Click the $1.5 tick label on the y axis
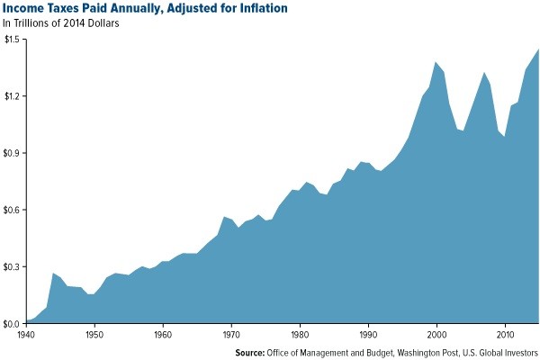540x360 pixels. click(13, 40)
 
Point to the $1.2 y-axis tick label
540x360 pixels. click(13, 96)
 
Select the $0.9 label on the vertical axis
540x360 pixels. click(13, 153)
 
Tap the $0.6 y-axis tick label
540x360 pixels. click(13, 210)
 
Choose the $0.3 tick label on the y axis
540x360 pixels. click(13, 266)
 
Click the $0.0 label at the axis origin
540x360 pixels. click(13, 323)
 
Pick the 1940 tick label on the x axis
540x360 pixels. click(25, 334)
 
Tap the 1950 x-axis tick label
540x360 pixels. click(94, 334)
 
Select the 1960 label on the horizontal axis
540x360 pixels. click(162, 334)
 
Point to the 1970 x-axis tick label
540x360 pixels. click(230, 334)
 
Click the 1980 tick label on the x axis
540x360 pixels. click(299, 334)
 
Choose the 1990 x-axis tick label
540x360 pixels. click(367, 334)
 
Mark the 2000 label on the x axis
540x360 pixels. click(436, 334)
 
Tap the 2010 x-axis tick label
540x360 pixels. click(505, 334)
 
